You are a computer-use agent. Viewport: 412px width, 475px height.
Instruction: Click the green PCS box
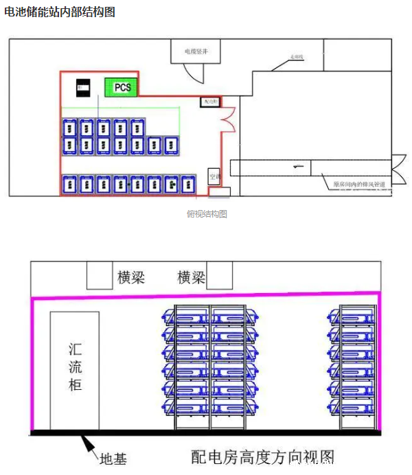122,87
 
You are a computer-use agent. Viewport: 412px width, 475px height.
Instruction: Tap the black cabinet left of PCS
82,87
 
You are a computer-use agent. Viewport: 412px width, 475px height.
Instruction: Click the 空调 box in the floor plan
214,176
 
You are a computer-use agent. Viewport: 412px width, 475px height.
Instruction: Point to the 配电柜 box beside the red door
209,102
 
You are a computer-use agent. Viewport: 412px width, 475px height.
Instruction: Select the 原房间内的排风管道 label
358,184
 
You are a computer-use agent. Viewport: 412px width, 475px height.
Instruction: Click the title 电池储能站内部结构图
59,12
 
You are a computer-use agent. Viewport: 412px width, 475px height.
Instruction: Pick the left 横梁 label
131,277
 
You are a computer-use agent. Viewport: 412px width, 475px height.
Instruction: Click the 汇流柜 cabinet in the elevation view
75,370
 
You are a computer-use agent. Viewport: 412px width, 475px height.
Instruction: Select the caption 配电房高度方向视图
263,456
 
